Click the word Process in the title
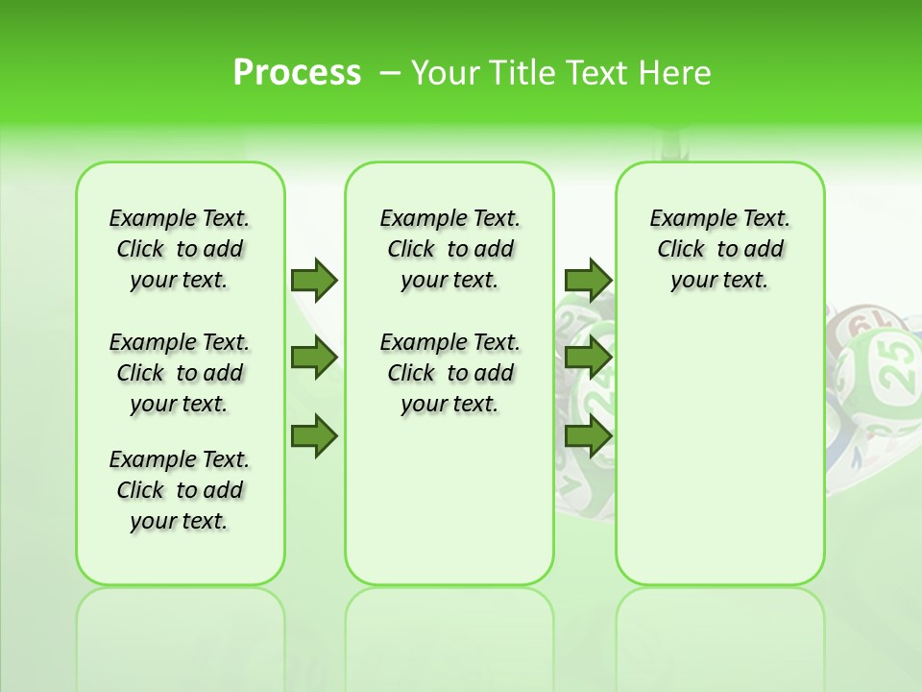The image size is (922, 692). pos(297,73)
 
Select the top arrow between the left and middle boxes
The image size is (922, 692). pos(314,280)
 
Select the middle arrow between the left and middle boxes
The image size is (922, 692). pos(314,358)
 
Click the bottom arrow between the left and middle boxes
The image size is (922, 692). pos(314,435)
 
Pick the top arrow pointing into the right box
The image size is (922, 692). pos(588,280)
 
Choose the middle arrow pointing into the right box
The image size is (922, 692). pos(588,358)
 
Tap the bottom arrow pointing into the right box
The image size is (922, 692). pos(588,435)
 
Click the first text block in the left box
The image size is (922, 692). pos(180,249)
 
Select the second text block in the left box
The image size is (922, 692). pos(180,373)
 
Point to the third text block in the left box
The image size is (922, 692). pos(180,490)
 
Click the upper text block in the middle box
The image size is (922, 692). pos(450,249)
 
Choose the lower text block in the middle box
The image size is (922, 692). pos(450,373)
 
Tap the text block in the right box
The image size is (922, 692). pos(720,249)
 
